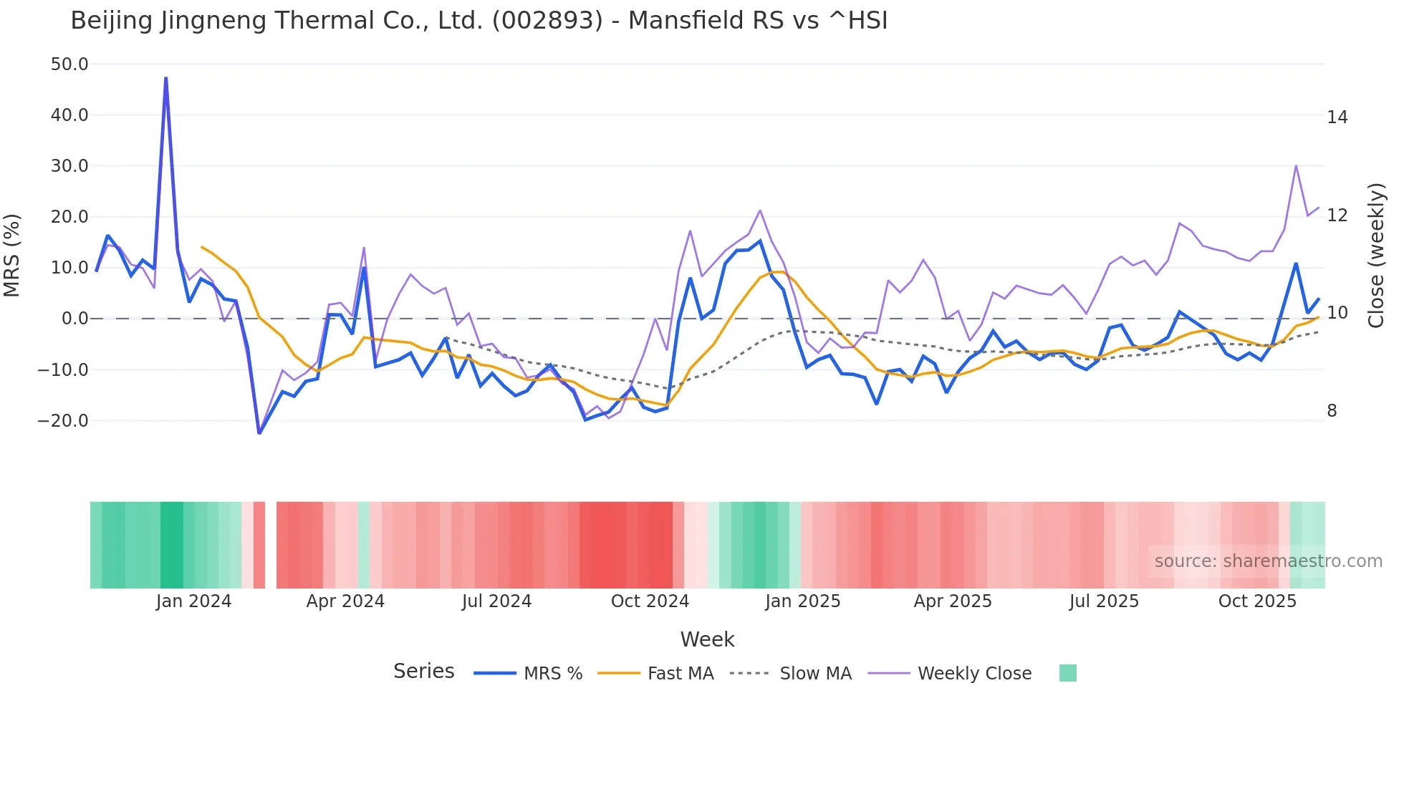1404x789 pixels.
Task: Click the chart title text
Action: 479,21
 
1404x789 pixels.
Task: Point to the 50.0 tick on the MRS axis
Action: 69,64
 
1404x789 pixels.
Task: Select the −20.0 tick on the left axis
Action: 63,421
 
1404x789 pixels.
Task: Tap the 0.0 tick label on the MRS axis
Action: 74,319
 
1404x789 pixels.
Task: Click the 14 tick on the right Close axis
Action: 1337,117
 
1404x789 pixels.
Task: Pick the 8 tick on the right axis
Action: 1332,411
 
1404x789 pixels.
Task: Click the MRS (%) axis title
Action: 12,255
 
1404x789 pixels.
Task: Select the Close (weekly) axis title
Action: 1375,256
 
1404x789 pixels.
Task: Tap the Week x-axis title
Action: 707,639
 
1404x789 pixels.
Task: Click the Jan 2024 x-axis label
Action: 193,601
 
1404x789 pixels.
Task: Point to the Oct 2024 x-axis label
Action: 650,601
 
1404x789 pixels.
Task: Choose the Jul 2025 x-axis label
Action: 1104,601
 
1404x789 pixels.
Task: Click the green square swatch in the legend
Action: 1067,673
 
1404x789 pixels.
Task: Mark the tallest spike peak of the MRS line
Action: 166,78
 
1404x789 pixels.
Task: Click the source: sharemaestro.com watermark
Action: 1268,561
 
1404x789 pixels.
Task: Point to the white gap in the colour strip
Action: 271,545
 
